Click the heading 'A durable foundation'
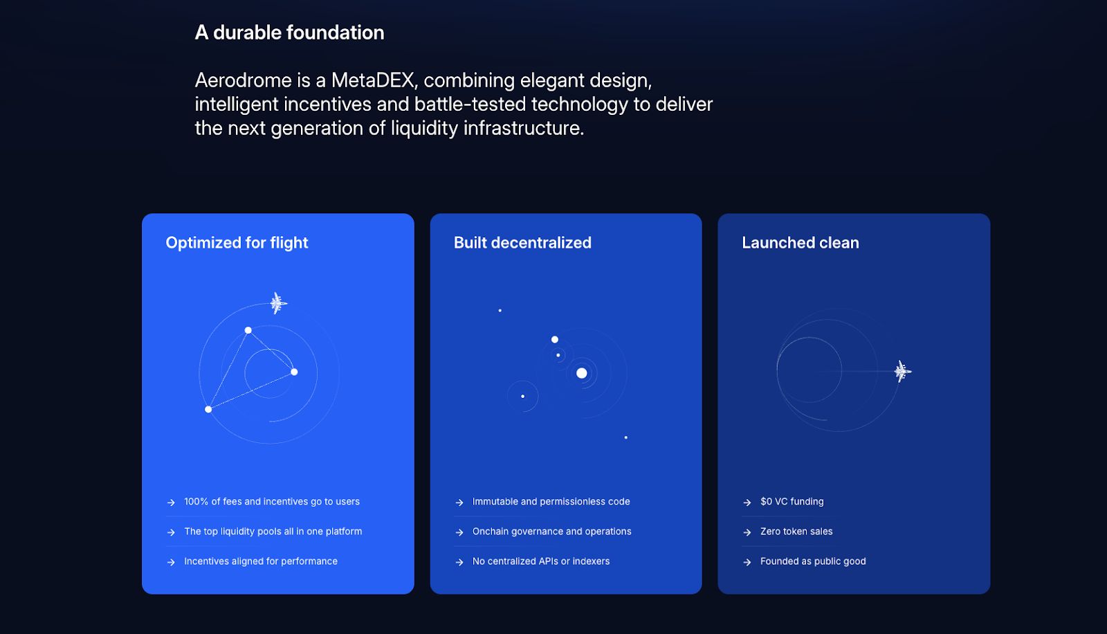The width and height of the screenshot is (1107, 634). pyautogui.click(x=289, y=33)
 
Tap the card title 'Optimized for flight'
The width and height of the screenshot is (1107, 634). pyautogui.click(x=237, y=243)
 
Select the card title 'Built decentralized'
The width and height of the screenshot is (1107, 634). pyautogui.click(x=522, y=243)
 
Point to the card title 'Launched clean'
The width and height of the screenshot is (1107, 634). pyautogui.click(x=800, y=243)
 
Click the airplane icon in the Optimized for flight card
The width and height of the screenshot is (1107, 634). pyautogui.click(x=278, y=302)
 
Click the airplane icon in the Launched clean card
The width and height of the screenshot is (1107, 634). pyautogui.click(x=902, y=371)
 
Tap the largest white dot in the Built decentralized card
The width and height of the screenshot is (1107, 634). pyautogui.click(x=582, y=373)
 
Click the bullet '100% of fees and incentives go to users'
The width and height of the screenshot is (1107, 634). pyautogui.click(x=272, y=502)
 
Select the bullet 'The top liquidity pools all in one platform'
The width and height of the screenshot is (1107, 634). pyautogui.click(x=273, y=531)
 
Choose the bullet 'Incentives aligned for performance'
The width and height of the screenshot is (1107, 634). pyautogui.click(x=260, y=561)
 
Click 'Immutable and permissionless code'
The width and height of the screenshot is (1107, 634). pyautogui.click(x=551, y=502)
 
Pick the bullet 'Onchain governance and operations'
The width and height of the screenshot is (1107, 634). pyautogui.click(x=551, y=531)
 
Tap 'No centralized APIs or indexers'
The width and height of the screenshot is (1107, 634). pyautogui.click(x=540, y=561)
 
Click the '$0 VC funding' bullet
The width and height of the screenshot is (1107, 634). pyautogui.click(x=792, y=502)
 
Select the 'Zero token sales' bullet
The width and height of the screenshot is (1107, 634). pyautogui.click(x=796, y=531)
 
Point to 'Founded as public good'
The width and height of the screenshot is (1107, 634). pyautogui.click(x=813, y=561)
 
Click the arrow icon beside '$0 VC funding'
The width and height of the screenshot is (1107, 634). pyautogui.click(x=747, y=502)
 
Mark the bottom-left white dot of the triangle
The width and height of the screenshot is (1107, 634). pyautogui.click(x=208, y=409)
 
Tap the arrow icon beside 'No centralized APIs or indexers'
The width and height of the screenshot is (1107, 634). pyautogui.click(x=459, y=562)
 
